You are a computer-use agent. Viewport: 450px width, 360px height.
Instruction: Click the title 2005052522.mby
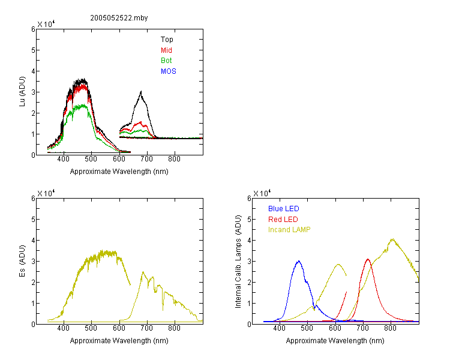tap(119, 18)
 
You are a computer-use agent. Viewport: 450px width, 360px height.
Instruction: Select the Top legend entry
tap(167, 40)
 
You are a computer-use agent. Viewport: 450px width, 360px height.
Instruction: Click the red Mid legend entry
tap(166, 50)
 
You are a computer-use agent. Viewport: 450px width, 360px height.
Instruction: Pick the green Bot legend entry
tap(166, 61)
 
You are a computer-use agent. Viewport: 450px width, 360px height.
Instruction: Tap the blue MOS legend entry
tap(169, 71)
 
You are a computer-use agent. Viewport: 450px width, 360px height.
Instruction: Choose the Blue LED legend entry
tap(284, 209)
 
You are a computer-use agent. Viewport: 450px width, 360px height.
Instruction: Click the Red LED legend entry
tap(283, 220)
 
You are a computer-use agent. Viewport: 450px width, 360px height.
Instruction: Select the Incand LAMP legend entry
tap(289, 230)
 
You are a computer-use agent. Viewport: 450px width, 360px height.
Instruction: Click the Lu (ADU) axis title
tap(22, 92)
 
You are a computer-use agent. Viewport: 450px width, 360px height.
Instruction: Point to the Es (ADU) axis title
tap(22, 261)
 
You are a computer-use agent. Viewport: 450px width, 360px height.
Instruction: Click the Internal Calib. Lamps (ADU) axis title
tap(238, 262)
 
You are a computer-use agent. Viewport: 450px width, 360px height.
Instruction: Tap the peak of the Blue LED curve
tap(299, 261)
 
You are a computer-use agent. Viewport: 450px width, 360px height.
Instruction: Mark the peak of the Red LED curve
tap(368, 259)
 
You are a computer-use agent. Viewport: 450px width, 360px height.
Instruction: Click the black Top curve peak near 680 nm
tap(141, 91)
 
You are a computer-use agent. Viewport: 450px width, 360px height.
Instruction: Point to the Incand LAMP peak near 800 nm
tap(392, 239)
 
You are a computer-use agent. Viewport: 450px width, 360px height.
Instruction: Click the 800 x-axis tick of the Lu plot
tap(174, 159)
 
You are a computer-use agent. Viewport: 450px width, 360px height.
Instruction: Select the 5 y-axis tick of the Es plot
tap(33, 220)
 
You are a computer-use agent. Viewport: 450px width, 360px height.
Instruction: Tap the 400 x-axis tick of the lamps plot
tap(280, 328)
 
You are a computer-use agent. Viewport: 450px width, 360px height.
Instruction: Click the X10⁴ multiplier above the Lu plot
tap(46, 24)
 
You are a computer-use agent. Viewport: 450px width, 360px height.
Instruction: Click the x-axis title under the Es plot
tap(119, 341)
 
